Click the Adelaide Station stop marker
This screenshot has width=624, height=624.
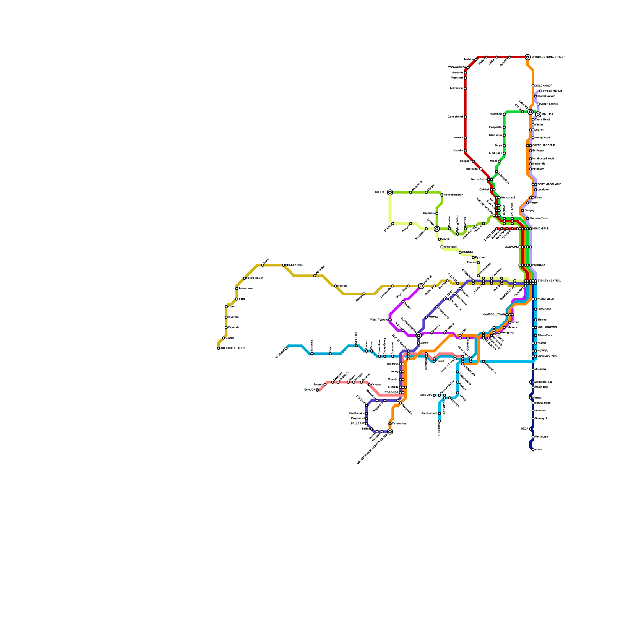[x=218, y=348]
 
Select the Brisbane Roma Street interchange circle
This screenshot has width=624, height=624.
[x=528, y=57]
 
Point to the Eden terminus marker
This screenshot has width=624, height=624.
[x=533, y=450]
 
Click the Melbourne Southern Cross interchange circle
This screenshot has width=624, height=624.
[x=390, y=431]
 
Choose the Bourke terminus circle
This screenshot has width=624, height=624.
[x=390, y=192]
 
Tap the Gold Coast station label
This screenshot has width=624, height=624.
[x=543, y=86]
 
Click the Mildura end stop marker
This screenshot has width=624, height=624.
[x=286, y=348]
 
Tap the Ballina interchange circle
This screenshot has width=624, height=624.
[x=538, y=114]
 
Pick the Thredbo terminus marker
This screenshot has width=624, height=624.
[x=440, y=421]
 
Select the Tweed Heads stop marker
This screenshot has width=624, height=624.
[x=541, y=91]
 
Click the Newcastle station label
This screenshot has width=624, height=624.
[x=541, y=229]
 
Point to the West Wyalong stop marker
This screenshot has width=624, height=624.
[x=390, y=320]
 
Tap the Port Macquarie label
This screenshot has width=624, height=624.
[x=549, y=184]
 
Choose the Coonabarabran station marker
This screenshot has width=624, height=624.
[x=442, y=195]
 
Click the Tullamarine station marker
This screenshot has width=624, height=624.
[x=390, y=424]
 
